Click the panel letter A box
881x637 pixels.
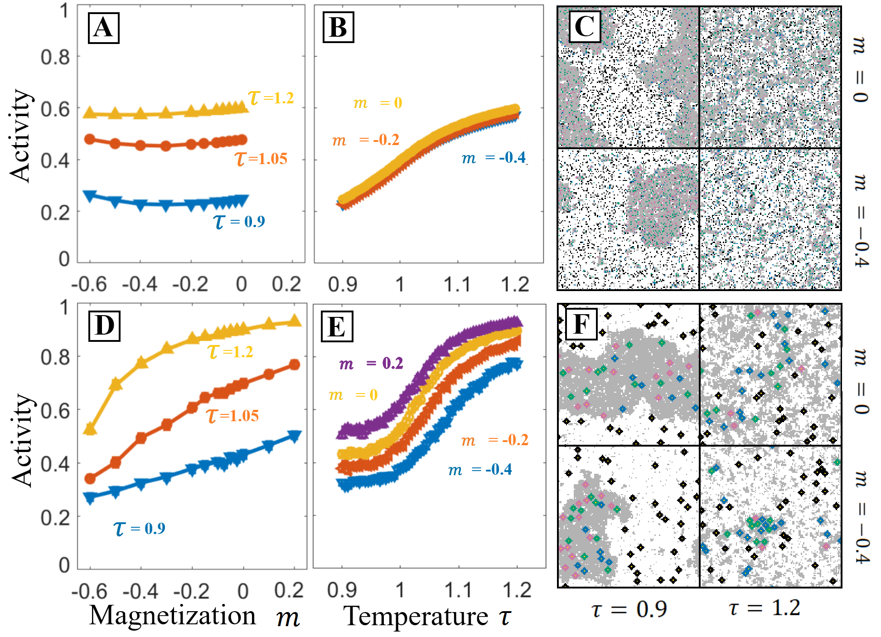(x=103, y=28)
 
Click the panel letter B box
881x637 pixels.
(x=338, y=28)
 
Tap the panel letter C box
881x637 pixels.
(x=585, y=26)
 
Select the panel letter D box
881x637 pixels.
(x=105, y=326)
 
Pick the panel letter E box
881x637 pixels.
(x=337, y=326)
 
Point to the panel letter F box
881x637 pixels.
(x=581, y=324)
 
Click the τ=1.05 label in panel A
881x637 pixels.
(x=261, y=159)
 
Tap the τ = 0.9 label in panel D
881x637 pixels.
(x=139, y=528)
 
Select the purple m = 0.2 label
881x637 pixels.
(x=371, y=363)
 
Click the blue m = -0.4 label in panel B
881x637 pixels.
(x=494, y=158)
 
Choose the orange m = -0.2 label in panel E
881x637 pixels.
(x=494, y=440)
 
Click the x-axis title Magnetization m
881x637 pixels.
(x=194, y=616)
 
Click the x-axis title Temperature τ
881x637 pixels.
(x=427, y=617)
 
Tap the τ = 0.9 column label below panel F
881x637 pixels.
(x=629, y=609)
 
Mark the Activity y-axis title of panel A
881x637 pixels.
(x=20, y=136)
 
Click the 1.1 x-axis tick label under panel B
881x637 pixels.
(x=457, y=285)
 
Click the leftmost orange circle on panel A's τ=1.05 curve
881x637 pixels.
(x=90, y=139)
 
